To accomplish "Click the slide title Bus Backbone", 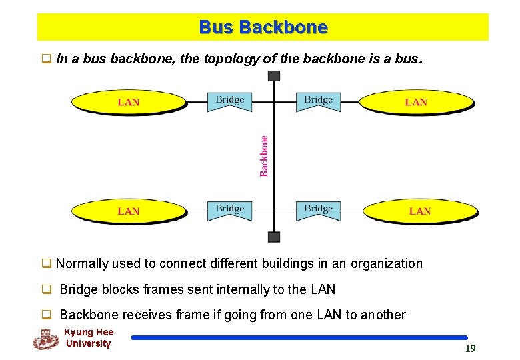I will click(x=263, y=27).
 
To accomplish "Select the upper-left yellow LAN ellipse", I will click(x=128, y=102).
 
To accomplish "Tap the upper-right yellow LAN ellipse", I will click(x=417, y=102).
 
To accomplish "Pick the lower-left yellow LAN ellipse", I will click(x=128, y=211).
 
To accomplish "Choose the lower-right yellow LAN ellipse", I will click(x=420, y=211).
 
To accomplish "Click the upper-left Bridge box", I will click(x=229, y=101).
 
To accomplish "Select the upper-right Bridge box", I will click(x=318, y=101).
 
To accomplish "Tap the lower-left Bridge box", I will click(x=229, y=209).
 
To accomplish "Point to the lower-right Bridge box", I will click(x=318, y=209).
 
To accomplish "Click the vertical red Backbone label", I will click(x=264, y=156).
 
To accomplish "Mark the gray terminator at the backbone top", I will click(x=273, y=75).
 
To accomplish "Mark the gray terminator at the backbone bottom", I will click(x=273, y=237).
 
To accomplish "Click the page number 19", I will click(x=470, y=348).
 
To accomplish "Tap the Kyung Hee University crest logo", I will click(x=45, y=339).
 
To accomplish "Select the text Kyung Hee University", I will click(x=89, y=338).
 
